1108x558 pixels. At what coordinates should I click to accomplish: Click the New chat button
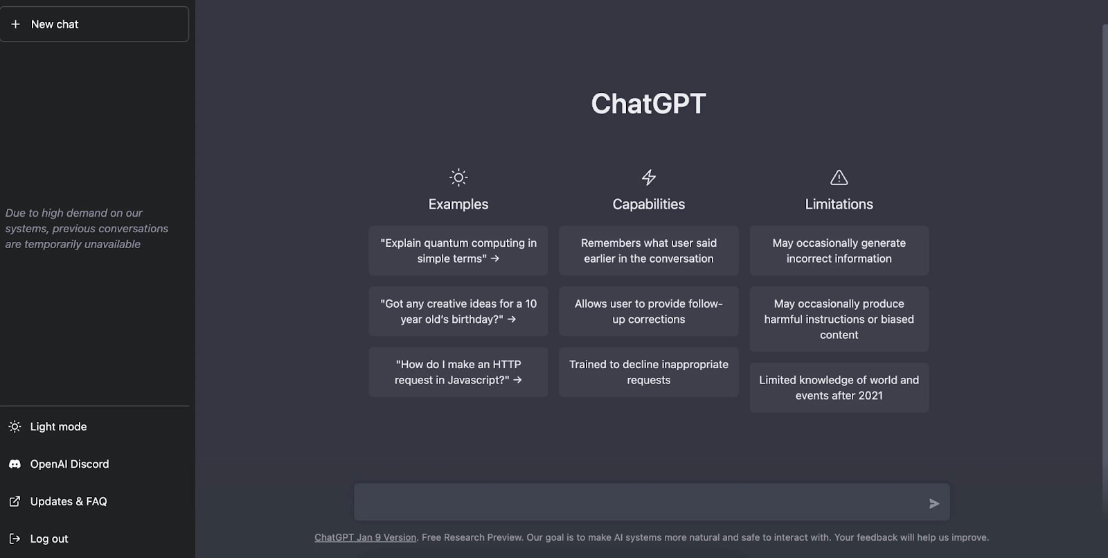pos(94,24)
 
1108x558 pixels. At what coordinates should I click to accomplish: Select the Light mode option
pos(58,427)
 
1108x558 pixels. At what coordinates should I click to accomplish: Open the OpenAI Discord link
pos(69,464)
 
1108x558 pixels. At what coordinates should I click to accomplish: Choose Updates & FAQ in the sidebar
pos(68,502)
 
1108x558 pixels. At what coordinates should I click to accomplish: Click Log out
pos(48,539)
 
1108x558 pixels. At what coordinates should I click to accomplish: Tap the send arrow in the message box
pos(934,504)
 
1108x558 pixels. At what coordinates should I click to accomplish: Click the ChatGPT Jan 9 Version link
pos(365,538)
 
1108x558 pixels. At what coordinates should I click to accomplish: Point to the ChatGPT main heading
pos(648,104)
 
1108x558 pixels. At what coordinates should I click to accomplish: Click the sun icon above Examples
pos(458,177)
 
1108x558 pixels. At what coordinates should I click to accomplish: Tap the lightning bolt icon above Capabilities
pos(649,177)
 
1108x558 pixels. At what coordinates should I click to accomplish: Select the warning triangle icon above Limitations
pos(839,177)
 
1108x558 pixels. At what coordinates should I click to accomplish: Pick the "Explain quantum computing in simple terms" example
pos(458,251)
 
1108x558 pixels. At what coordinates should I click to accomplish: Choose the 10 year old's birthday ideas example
pos(458,312)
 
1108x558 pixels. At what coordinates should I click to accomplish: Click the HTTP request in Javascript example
pos(458,372)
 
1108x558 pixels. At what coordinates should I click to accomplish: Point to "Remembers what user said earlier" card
pos(649,251)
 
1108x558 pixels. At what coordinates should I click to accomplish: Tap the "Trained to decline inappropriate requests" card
pos(649,372)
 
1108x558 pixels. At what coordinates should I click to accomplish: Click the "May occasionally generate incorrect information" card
pos(839,251)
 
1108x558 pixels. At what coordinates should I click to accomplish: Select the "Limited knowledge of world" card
pos(839,388)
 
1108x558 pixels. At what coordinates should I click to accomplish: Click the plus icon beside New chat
pos(15,24)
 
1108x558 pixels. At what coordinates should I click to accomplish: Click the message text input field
pos(637,503)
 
